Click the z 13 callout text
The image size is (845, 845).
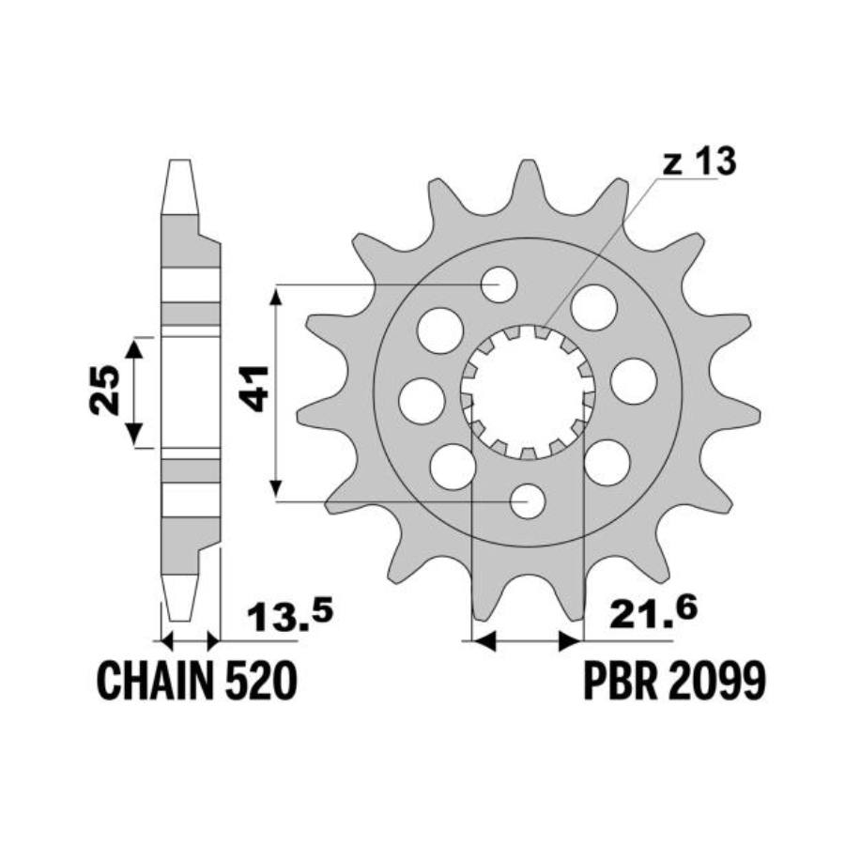click(699, 161)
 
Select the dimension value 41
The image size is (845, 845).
click(254, 389)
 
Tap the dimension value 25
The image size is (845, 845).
click(104, 391)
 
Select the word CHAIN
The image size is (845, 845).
click(155, 681)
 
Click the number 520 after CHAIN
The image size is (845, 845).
click(260, 681)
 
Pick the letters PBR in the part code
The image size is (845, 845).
click(621, 681)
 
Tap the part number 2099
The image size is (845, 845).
click(716, 681)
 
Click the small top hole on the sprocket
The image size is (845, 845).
click(499, 284)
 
